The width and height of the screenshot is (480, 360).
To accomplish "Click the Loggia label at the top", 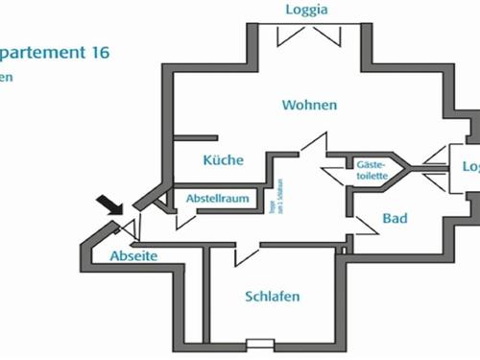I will tap(307, 11).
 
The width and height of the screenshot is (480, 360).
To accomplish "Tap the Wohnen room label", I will tap(309, 104).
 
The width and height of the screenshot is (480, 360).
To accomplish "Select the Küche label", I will tap(223, 160).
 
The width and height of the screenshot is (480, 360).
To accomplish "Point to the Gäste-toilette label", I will tap(371, 170).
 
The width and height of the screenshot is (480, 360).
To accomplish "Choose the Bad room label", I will tap(395, 219).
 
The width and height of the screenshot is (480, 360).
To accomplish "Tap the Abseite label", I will tap(132, 256).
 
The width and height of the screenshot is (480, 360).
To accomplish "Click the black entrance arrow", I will tap(110, 204).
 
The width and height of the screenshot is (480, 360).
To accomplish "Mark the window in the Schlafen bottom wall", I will tap(259, 345).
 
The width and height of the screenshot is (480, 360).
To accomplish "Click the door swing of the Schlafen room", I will tap(246, 253).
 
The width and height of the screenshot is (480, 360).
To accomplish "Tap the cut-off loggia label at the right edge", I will tap(470, 166).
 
